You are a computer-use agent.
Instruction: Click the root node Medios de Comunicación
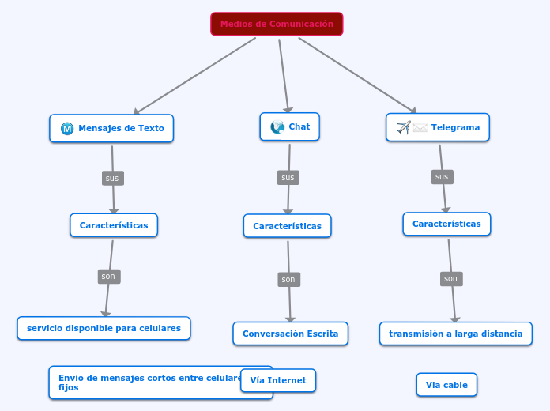click(x=277, y=24)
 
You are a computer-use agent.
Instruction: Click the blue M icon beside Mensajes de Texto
click(x=67, y=129)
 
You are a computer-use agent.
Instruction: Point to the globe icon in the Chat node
click(x=277, y=126)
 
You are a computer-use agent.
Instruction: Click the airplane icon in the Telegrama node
click(x=403, y=127)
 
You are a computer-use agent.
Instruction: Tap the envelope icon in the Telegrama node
click(x=420, y=127)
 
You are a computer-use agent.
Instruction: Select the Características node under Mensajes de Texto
click(x=114, y=225)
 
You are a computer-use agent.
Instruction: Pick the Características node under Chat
click(x=287, y=226)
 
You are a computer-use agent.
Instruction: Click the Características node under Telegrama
click(x=446, y=224)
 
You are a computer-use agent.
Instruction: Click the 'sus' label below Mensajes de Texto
click(x=112, y=178)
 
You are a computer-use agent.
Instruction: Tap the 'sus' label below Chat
click(x=288, y=177)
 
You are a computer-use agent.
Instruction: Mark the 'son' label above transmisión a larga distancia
click(x=450, y=278)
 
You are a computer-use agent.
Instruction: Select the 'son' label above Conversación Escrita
click(x=288, y=279)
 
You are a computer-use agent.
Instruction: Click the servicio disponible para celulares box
click(x=104, y=328)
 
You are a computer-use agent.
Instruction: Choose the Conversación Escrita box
click(x=290, y=334)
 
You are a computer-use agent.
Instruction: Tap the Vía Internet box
click(x=278, y=380)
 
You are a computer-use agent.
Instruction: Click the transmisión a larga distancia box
click(x=455, y=334)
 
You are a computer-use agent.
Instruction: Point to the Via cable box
click(x=446, y=385)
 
